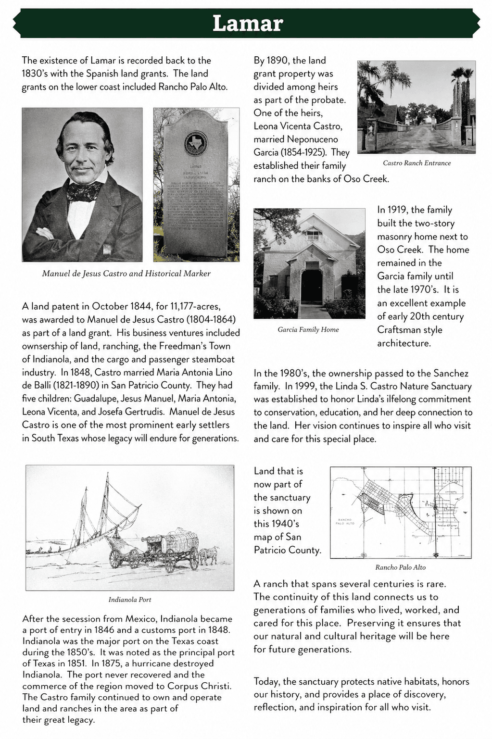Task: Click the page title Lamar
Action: pyautogui.click(x=247, y=24)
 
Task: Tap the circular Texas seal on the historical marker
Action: pyautogui.click(x=196, y=143)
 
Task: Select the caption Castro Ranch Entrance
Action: pyautogui.click(x=416, y=163)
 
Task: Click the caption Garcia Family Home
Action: pyautogui.click(x=308, y=329)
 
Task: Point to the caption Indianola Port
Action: pyautogui.click(x=130, y=600)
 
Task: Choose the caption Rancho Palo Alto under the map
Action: pyautogui.click(x=400, y=567)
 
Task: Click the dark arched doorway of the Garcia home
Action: pyautogui.click(x=311, y=287)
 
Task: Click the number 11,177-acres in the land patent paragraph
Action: pyautogui.click(x=195, y=306)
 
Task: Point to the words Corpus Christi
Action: pyautogui.click(x=199, y=686)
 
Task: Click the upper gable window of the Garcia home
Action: pyautogui.click(x=313, y=235)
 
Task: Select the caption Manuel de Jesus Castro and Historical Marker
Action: pyautogui.click(x=126, y=274)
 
